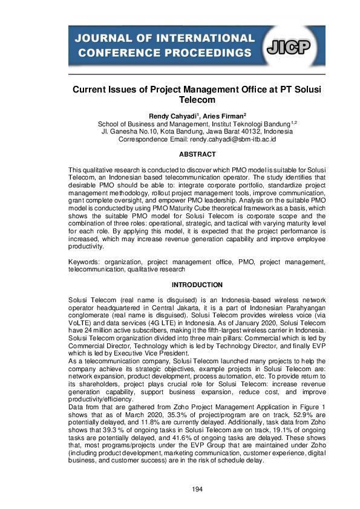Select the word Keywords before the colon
pyautogui.click(x=84, y=263)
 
